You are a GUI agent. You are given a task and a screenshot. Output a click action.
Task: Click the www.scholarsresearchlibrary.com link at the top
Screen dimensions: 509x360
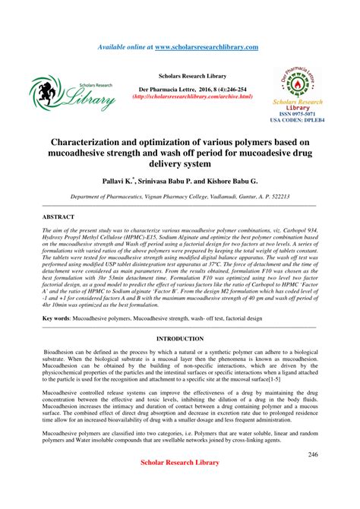[206, 47]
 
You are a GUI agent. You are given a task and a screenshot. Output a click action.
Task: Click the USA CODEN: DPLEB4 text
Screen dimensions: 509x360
[297, 121]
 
